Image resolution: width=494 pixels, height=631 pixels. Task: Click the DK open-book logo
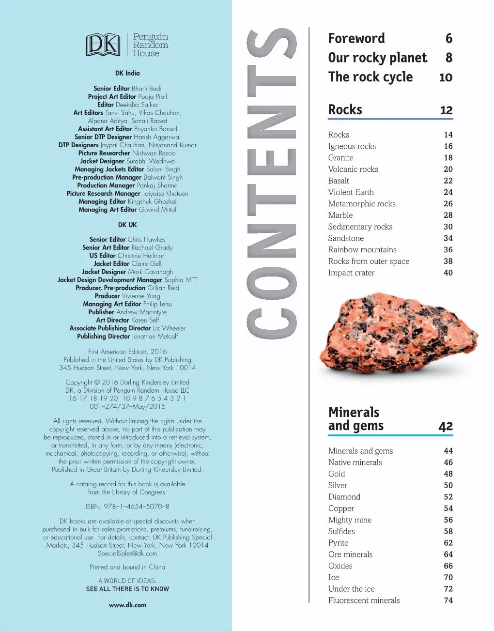pos(103,45)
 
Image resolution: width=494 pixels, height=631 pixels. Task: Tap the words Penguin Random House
pos(150,45)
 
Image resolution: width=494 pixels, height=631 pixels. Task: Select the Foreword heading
pos(356,39)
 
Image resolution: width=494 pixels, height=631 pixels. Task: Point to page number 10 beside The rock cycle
pos(445,77)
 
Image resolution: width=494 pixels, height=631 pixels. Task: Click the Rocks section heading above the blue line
pos(345,110)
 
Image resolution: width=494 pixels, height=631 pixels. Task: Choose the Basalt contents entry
pos(339,181)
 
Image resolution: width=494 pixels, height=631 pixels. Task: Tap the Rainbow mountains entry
pos(362,250)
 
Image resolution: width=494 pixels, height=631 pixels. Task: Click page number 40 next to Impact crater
pos(448,273)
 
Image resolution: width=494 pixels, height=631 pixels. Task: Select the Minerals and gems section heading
pos(355,419)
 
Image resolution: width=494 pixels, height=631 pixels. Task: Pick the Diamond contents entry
pos(344,497)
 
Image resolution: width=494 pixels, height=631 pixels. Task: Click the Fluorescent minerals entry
pos(364,600)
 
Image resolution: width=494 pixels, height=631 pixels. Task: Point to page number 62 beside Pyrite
pos(448,543)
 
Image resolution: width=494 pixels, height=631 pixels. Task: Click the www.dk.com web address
pos(127,605)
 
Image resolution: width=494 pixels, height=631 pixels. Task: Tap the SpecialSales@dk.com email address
pos(127,554)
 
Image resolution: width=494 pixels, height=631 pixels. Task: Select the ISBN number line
pos(127,507)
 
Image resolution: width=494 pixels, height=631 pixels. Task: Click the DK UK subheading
pos(127,225)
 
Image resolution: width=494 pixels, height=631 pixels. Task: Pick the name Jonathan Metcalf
pos(155,336)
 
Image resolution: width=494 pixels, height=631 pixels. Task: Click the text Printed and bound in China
pos(127,567)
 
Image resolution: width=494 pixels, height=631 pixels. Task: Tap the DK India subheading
pos(127,73)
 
